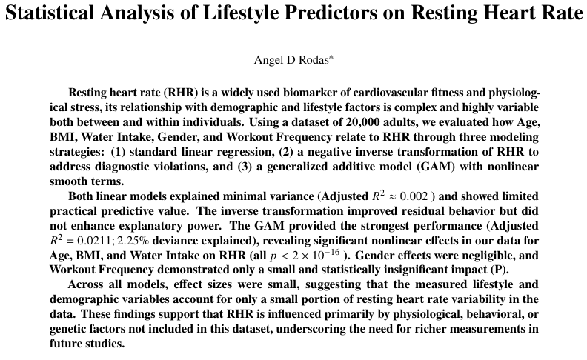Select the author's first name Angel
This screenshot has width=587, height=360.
pos(268,60)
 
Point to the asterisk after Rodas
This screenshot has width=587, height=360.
pos(331,58)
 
